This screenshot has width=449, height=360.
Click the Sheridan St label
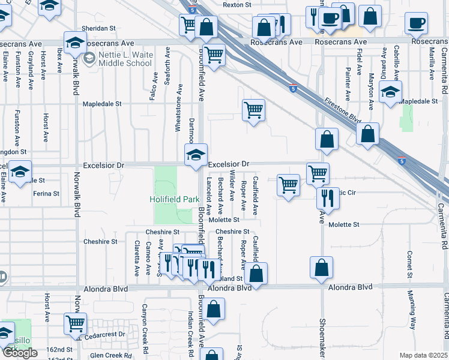[x=98, y=28]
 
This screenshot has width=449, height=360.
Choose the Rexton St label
[x=237, y=5]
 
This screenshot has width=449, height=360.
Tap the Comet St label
[x=409, y=265]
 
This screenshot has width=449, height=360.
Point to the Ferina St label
[x=46, y=194]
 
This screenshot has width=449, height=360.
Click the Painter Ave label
[x=348, y=83]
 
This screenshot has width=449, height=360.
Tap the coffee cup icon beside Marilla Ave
[x=415, y=25]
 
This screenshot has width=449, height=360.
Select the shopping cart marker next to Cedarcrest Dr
[x=76, y=323]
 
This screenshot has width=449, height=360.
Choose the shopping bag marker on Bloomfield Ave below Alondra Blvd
[x=213, y=310]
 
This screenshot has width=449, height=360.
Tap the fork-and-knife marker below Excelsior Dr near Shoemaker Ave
[x=328, y=198]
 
